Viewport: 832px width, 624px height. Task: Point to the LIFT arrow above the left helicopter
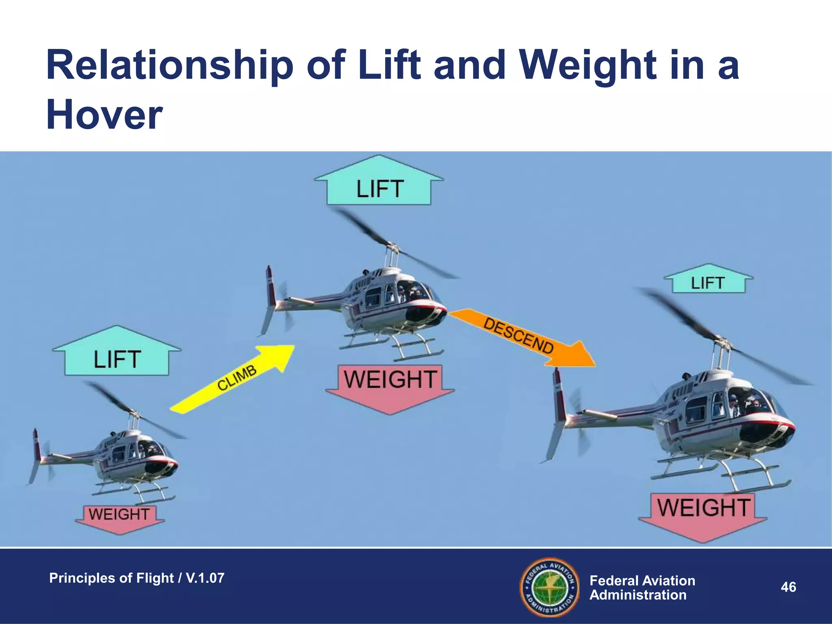pos(117,355)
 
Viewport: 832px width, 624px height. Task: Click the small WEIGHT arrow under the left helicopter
pos(119,518)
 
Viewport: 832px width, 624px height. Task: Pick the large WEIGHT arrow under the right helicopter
pos(703,514)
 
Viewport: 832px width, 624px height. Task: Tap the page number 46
pos(788,587)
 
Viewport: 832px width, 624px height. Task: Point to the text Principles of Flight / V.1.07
pos(136,578)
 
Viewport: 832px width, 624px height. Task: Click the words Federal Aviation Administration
pos(642,587)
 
